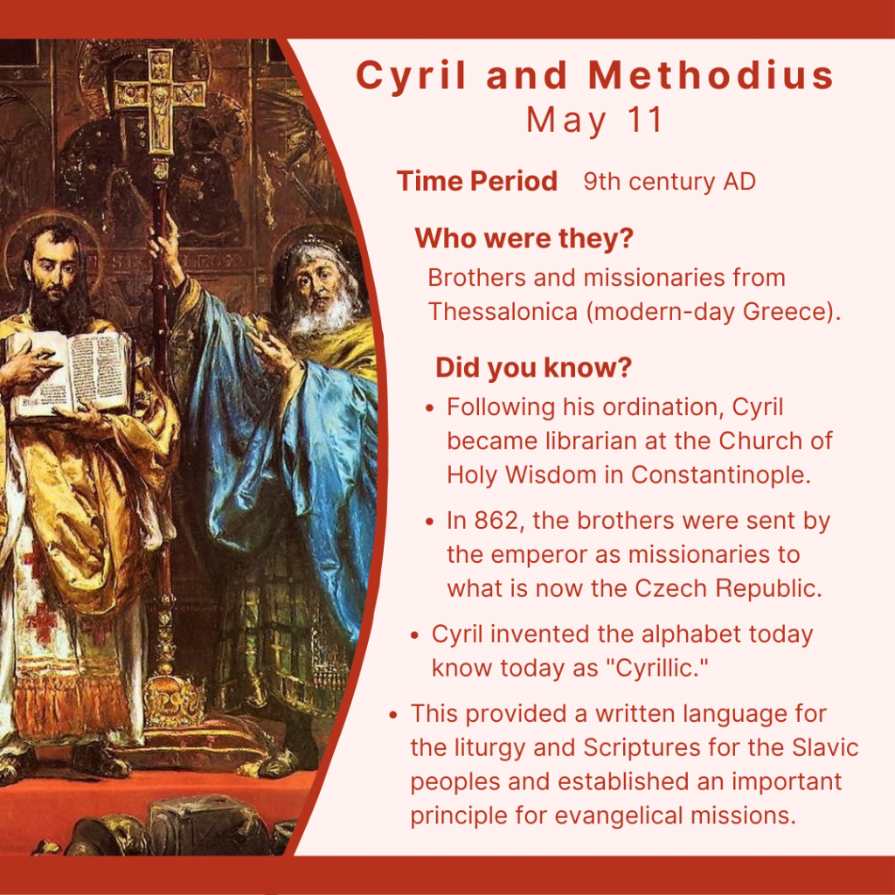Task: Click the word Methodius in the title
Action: click(711, 75)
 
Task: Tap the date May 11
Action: click(594, 121)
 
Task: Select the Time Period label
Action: click(477, 182)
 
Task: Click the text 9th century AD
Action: click(670, 182)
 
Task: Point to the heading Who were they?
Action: click(524, 238)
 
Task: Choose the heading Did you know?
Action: click(534, 368)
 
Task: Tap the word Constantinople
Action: click(720, 475)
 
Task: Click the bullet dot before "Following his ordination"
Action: click(430, 408)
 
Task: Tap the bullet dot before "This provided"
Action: click(392, 715)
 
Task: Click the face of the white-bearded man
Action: click(317, 286)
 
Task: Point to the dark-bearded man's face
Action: click(56, 268)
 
